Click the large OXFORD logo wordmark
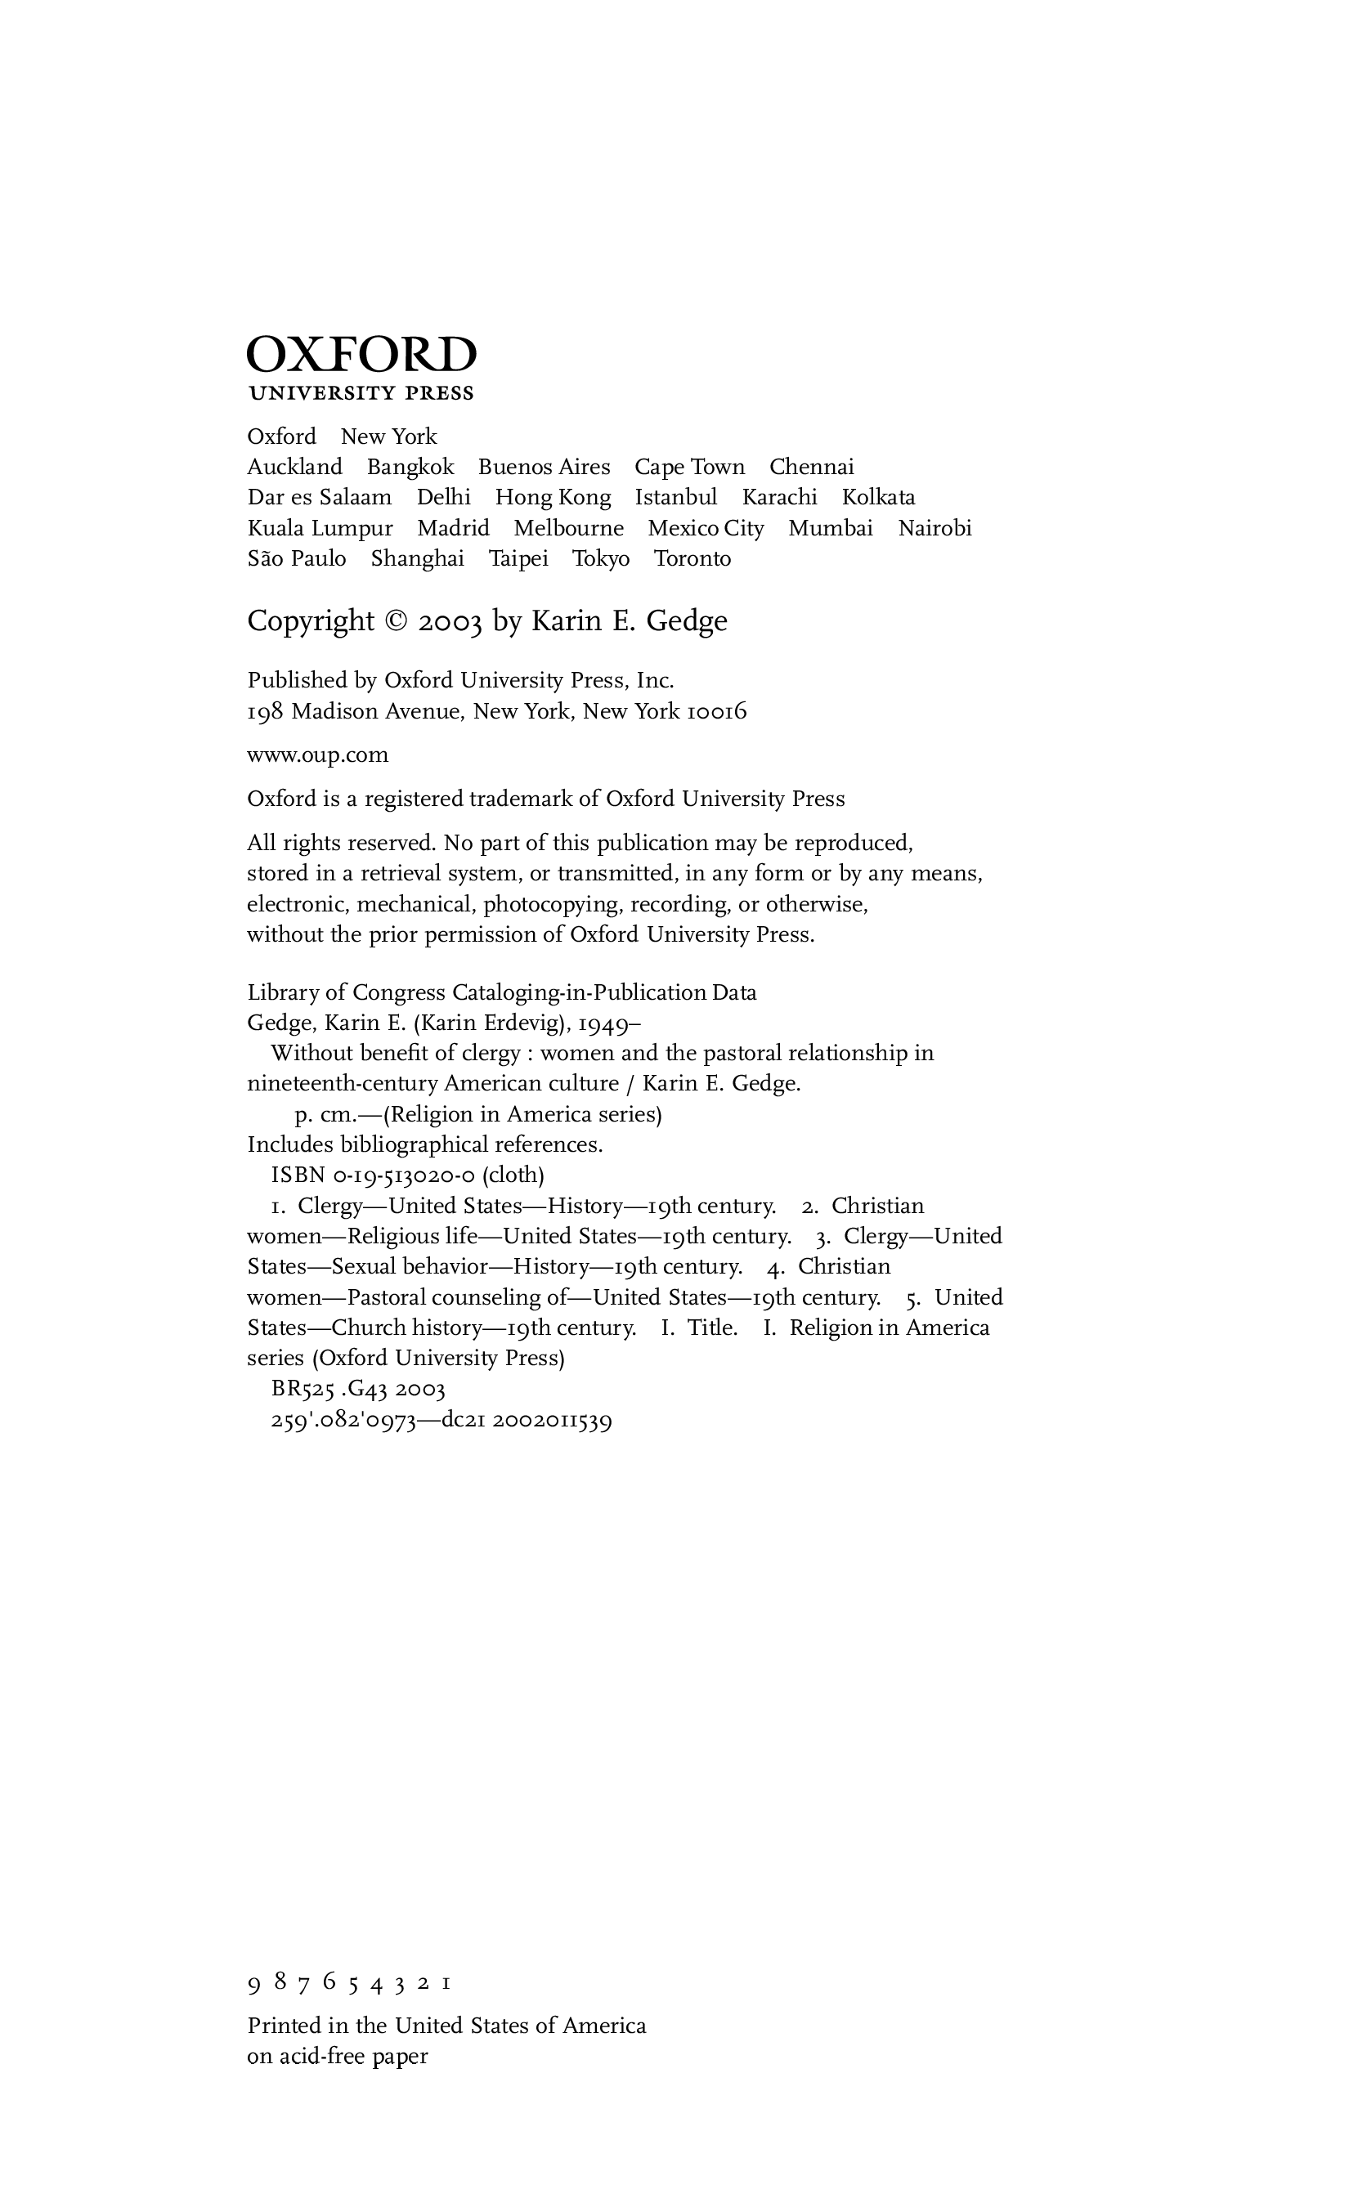pyautogui.click(x=361, y=355)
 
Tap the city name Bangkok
pyautogui.click(x=410, y=468)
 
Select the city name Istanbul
pyautogui.click(x=675, y=497)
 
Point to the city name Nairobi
pyautogui.click(x=934, y=528)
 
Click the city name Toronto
pyautogui.click(x=692, y=558)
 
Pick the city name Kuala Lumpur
pyautogui.click(x=320, y=528)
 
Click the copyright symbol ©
pyautogui.click(x=396, y=621)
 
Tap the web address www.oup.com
pyautogui.click(x=317, y=754)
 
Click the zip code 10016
pyautogui.click(x=717, y=712)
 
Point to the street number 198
pyautogui.click(x=265, y=712)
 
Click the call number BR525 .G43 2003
pyautogui.click(x=358, y=1389)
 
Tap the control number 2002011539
pyautogui.click(x=554, y=1420)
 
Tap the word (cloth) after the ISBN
pyautogui.click(x=513, y=1175)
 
